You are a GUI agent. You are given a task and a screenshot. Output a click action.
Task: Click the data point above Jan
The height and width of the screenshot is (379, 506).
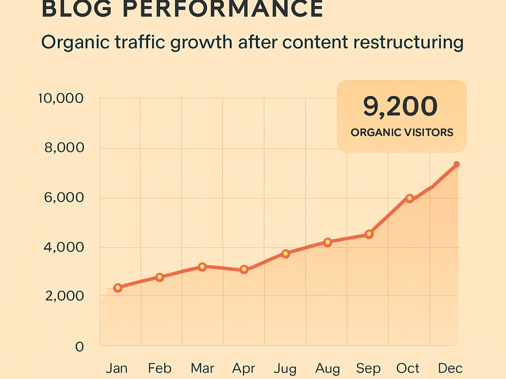(118, 288)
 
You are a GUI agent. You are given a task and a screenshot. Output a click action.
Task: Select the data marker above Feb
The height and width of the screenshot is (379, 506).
(160, 277)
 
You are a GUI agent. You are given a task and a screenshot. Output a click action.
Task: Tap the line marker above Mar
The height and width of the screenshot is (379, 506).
(202, 267)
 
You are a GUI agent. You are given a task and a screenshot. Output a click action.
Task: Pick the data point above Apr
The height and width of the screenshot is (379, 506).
(244, 269)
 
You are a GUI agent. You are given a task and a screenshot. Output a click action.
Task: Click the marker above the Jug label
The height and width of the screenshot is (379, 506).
(286, 254)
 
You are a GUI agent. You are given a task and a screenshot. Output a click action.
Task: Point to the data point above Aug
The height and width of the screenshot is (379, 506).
(328, 242)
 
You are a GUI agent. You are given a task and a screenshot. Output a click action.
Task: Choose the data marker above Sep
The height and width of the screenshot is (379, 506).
(369, 234)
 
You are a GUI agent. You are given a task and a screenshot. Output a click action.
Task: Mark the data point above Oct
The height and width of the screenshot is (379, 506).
(410, 198)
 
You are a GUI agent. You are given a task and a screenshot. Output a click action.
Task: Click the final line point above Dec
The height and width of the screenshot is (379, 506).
(456, 164)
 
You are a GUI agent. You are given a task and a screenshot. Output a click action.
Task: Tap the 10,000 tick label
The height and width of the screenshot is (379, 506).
(61, 99)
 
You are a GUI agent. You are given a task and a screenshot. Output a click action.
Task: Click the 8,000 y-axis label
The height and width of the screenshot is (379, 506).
(64, 148)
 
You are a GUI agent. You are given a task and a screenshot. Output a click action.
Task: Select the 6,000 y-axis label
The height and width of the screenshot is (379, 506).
(64, 198)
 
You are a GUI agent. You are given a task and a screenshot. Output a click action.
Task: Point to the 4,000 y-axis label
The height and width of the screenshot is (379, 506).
(64, 247)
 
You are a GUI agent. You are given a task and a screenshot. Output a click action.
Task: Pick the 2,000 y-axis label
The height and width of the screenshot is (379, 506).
(65, 296)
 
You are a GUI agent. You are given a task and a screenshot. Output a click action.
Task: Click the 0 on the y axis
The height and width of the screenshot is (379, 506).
(79, 347)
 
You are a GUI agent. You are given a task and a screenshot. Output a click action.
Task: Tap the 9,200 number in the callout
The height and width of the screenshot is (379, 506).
(400, 106)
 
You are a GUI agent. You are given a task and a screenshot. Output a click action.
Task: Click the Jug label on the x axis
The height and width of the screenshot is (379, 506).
(285, 369)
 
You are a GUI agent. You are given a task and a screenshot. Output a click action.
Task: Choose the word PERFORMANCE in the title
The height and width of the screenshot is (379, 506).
(223, 9)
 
